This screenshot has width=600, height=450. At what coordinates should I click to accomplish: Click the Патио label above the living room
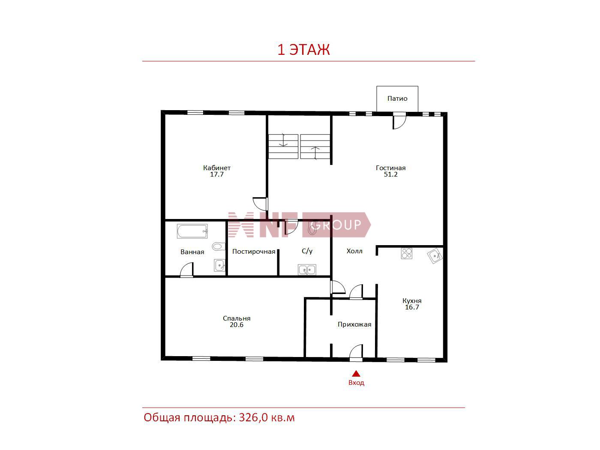coord(397,99)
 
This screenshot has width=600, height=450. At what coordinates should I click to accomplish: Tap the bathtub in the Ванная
coord(192,231)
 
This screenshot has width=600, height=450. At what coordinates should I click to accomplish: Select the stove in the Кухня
coord(406,253)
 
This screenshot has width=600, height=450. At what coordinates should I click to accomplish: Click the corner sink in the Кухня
coord(435,255)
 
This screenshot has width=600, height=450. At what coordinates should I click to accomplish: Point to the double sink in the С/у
coord(307,270)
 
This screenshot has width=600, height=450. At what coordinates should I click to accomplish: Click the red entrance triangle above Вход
coord(356,373)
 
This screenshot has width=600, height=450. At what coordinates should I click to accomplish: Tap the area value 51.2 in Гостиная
coord(390,174)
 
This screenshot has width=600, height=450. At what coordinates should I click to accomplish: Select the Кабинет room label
coord(217,168)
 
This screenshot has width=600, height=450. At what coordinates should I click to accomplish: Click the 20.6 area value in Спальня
coord(237,325)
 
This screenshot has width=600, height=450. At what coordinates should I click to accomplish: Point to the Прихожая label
coord(354,324)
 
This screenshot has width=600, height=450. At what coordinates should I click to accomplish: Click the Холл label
coord(354,251)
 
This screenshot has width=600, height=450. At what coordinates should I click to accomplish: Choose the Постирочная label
coord(254,252)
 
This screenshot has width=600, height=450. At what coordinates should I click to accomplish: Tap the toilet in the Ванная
coord(219,246)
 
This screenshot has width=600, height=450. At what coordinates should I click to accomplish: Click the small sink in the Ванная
coord(219,265)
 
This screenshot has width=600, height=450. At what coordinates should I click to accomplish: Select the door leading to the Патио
coord(399,120)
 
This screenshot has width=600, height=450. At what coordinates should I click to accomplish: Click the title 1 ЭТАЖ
coord(303,49)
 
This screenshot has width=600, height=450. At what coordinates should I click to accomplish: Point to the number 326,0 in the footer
coord(253,417)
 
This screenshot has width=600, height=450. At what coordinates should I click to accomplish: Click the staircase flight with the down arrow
coord(283,147)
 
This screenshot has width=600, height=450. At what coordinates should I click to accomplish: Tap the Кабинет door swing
coord(260,204)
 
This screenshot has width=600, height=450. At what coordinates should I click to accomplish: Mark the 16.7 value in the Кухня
coord(412,307)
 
